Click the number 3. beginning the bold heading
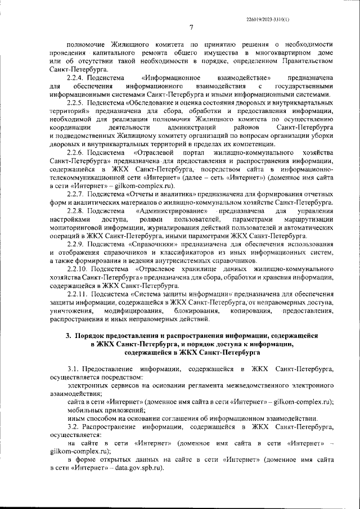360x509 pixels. click(67, 336)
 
